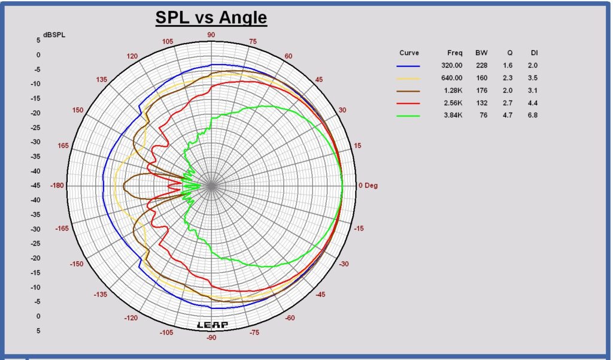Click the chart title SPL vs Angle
point(211,17)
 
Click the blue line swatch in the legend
point(408,66)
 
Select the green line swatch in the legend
point(408,116)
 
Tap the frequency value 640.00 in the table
point(451,78)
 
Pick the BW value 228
point(482,65)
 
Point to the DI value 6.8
point(532,115)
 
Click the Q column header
point(510,53)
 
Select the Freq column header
point(455,53)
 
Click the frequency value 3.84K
point(453,115)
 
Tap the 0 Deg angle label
point(368,186)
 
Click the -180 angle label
point(57,186)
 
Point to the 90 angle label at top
point(211,35)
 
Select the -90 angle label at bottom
point(211,337)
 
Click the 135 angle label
point(101,80)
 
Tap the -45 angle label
point(320,294)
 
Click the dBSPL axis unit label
point(54,35)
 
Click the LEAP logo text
point(213,325)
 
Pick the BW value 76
point(484,115)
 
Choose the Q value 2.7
point(508,103)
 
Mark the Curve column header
point(409,53)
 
